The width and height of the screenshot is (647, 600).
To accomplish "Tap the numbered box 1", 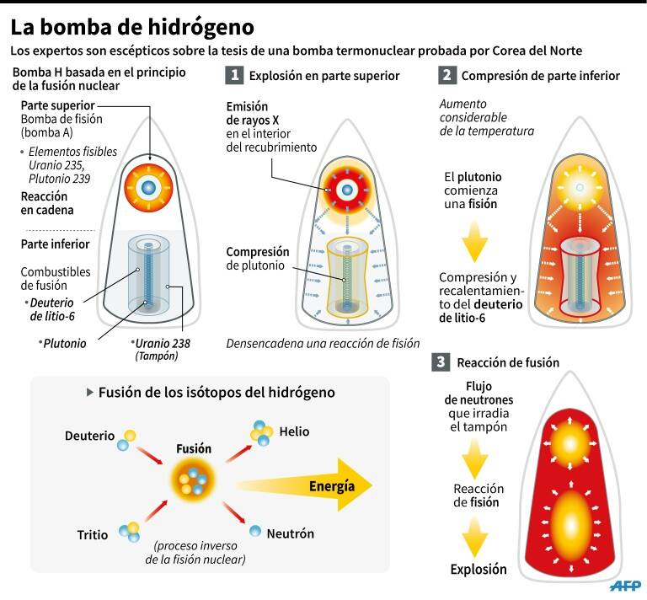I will click(x=235, y=76).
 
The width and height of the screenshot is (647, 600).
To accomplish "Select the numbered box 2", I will click(x=447, y=76).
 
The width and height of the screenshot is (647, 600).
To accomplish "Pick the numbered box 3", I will click(x=441, y=363).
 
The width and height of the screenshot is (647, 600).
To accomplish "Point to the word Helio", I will click(x=294, y=431).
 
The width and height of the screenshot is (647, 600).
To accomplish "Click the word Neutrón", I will click(x=290, y=533).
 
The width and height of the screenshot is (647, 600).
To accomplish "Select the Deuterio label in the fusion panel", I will click(x=89, y=436).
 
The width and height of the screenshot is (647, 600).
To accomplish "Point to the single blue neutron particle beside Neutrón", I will click(x=255, y=531).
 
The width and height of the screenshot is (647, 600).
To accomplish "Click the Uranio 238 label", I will click(x=161, y=343).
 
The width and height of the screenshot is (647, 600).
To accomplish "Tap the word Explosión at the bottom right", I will click(x=479, y=569).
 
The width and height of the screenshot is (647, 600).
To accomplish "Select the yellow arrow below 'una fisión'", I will click(x=475, y=243).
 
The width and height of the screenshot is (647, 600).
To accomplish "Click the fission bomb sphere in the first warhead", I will click(x=148, y=186).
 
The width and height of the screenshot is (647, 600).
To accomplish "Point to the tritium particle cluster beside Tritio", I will click(x=129, y=532).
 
